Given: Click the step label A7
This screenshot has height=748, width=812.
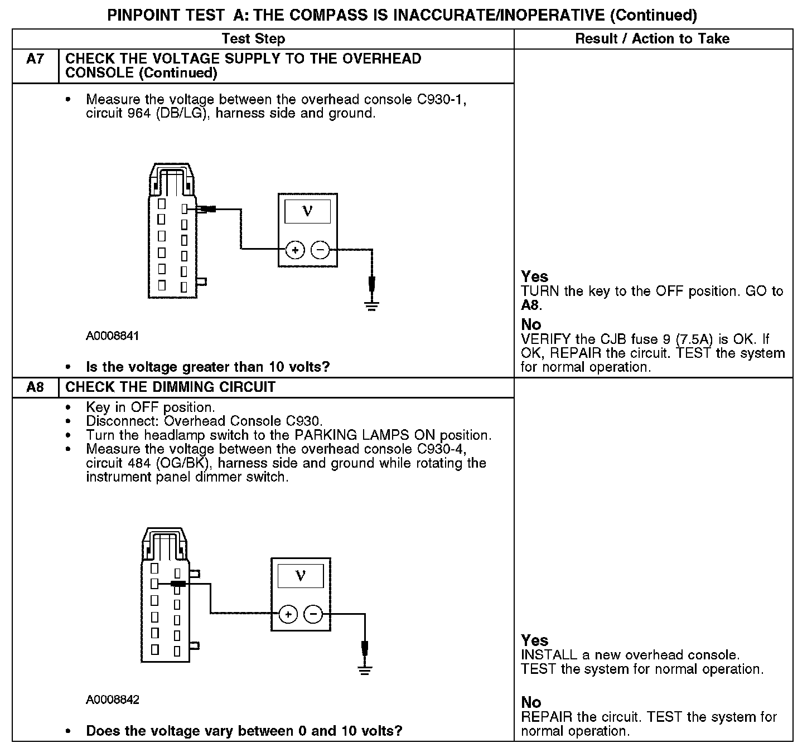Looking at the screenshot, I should (x=35, y=59).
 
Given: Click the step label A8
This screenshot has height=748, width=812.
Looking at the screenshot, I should (x=35, y=387).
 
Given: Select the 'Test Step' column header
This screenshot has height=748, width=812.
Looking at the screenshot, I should (x=253, y=38).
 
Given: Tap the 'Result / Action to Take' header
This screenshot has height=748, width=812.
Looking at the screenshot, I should (x=652, y=38).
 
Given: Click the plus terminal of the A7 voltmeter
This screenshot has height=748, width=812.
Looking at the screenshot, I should (x=295, y=250).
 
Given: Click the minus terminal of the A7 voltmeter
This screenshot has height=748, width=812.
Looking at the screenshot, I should (x=320, y=250).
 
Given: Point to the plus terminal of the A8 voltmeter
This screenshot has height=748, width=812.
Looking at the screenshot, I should (x=288, y=614).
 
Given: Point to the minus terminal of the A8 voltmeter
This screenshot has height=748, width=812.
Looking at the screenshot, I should (x=313, y=614).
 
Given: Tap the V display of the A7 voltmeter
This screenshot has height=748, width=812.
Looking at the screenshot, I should (x=307, y=211).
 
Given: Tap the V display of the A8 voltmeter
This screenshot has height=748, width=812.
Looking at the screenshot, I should (x=301, y=575).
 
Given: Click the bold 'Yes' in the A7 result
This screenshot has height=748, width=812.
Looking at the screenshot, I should (x=534, y=276).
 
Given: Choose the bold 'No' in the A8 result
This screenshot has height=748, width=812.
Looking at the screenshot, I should (x=531, y=702).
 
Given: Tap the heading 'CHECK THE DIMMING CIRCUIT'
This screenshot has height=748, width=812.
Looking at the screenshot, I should (x=170, y=387).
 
